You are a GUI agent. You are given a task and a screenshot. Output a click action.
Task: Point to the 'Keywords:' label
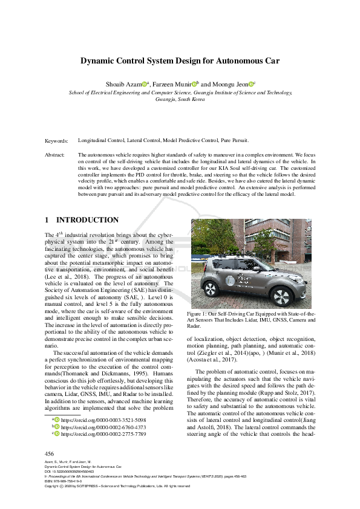(x=57, y=140)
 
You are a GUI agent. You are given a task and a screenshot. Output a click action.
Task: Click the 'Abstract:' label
(x=56, y=155)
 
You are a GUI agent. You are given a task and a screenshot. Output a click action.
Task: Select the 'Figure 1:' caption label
(x=200, y=314)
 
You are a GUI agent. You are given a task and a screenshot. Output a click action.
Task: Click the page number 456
(x=51, y=453)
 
